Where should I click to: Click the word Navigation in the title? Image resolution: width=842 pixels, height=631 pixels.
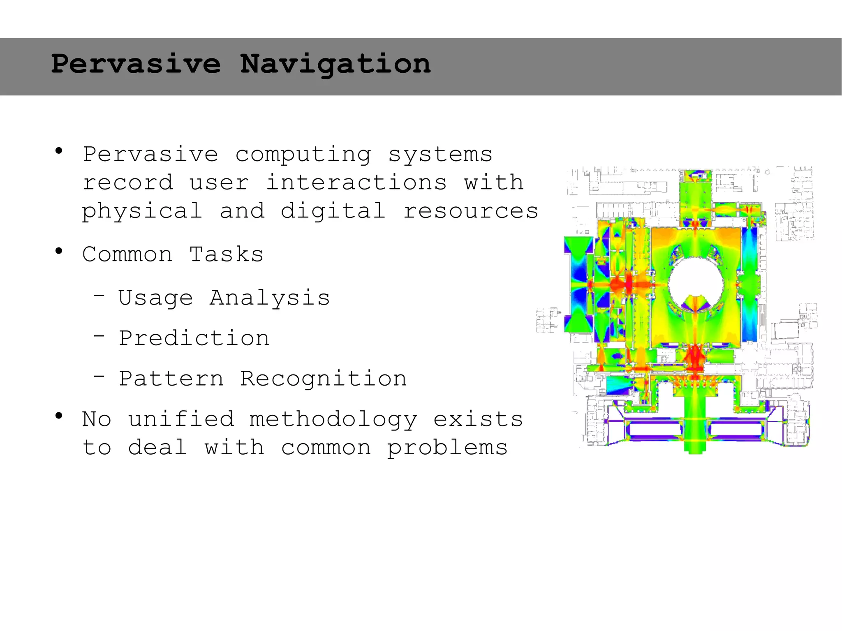point(335,64)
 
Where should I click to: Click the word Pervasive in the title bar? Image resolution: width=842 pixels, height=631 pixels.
point(136,64)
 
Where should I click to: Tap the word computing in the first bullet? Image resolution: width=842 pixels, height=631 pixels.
point(303,155)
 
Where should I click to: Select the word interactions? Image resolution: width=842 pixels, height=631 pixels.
point(356,183)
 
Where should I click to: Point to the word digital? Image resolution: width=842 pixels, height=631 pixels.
point(333,211)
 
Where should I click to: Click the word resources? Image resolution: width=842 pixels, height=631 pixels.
point(471,211)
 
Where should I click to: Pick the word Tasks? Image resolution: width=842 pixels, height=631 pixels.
point(226,254)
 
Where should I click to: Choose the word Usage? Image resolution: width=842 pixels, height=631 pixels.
point(155,298)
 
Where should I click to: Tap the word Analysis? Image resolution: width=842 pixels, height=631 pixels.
point(270,298)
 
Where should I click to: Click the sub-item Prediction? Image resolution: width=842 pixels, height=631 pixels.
point(194,338)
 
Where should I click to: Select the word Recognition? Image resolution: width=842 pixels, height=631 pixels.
point(323,379)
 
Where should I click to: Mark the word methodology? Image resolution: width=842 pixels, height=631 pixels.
point(333,420)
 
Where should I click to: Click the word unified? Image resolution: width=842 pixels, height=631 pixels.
point(181,419)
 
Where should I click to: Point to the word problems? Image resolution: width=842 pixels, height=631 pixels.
point(447,448)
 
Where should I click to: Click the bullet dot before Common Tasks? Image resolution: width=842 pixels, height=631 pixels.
point(59,250)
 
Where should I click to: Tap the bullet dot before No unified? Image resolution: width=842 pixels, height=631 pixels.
point(59,416)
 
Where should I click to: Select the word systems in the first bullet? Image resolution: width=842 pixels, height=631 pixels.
point(440,155)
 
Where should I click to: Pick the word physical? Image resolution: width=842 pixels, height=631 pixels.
point(142,211)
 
